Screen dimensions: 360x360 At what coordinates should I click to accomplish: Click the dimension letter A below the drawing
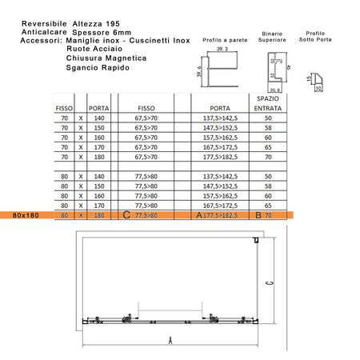170,339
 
